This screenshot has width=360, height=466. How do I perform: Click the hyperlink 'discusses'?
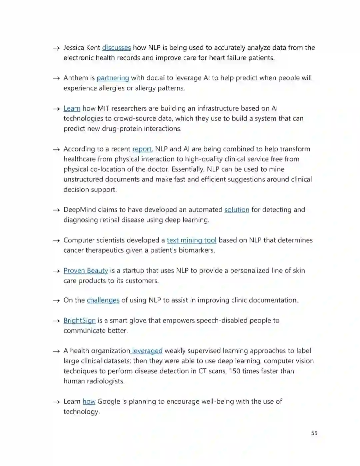click(116, 48)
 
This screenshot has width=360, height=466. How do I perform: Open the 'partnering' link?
click(113, 78)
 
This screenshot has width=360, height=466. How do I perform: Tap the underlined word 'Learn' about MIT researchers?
click(72, 108)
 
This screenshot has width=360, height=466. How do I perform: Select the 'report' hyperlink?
click(142, 149)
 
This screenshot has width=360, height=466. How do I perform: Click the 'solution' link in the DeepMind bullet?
click(237, 210)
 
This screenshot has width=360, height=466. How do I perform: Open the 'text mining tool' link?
click(191, 240)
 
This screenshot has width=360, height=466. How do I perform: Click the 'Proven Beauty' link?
click(86, 271)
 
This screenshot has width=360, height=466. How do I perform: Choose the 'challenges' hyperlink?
click(103, 300)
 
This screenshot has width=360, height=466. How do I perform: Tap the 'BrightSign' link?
click(79, 321)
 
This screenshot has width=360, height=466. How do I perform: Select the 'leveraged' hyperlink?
click(147, 351)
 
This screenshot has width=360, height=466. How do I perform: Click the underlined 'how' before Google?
click(89, 402)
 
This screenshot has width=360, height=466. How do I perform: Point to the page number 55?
click(314, 433)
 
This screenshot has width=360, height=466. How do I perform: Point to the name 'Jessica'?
click(74, 48)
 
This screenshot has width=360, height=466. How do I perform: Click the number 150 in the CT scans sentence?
click(234, 371)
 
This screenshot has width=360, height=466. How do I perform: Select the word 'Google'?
click(109, 402)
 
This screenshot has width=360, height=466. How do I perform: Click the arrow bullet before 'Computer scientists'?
click(56, 241)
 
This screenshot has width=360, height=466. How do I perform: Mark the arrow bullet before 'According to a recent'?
click(56, 149)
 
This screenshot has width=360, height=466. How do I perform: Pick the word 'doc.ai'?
click(155, 78)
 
